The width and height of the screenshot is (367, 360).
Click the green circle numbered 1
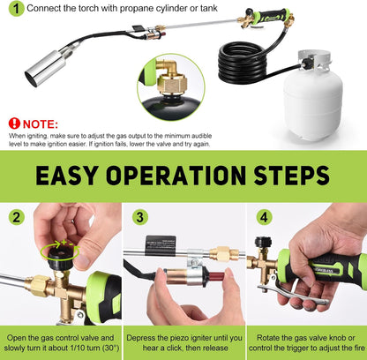(x=14, y=11)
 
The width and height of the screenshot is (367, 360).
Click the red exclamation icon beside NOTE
(x=14, y=124)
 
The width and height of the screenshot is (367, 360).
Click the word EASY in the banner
(x=71, y=176)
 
